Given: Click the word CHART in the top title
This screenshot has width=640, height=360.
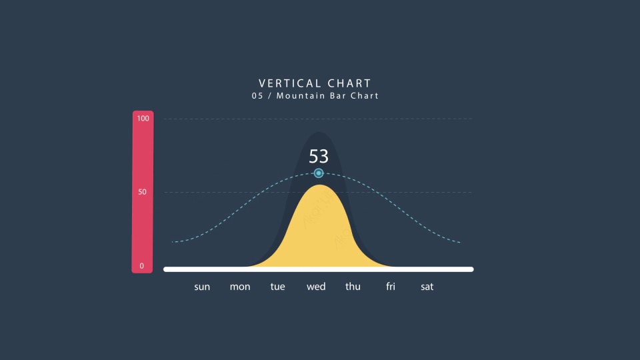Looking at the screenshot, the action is click(349, 83).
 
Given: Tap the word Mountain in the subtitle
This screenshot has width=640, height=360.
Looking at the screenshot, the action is click(301, 95).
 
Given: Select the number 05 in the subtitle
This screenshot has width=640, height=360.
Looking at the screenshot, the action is click(257, 95).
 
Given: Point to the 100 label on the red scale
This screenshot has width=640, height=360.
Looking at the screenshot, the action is click(143, 119).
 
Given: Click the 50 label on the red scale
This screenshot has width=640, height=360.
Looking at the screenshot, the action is click(142, 192).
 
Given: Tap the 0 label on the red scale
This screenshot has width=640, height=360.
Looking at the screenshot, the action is click(141, 266).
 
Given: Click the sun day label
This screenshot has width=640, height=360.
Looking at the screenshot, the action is click(202, 287).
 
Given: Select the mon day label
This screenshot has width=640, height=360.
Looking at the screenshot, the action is click(240, 287).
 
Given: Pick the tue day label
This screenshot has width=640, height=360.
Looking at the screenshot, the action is click(277, 287).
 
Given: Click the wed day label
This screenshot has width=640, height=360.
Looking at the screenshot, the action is click(316, 287).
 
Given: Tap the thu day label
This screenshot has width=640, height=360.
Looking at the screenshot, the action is click(353, 287).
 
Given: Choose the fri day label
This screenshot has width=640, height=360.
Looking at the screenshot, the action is click(391, 287).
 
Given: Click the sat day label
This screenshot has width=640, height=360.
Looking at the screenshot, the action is click(427, 287).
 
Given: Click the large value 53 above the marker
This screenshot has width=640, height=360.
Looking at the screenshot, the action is click(319, 156).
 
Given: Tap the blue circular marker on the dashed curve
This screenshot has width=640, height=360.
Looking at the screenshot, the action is click(319, 173).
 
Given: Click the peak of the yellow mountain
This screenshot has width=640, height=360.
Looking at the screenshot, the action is click(320, 185).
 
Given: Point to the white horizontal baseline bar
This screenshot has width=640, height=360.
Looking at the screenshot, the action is click(319, 269).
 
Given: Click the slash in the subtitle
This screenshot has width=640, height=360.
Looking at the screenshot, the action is click(270, 96).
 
